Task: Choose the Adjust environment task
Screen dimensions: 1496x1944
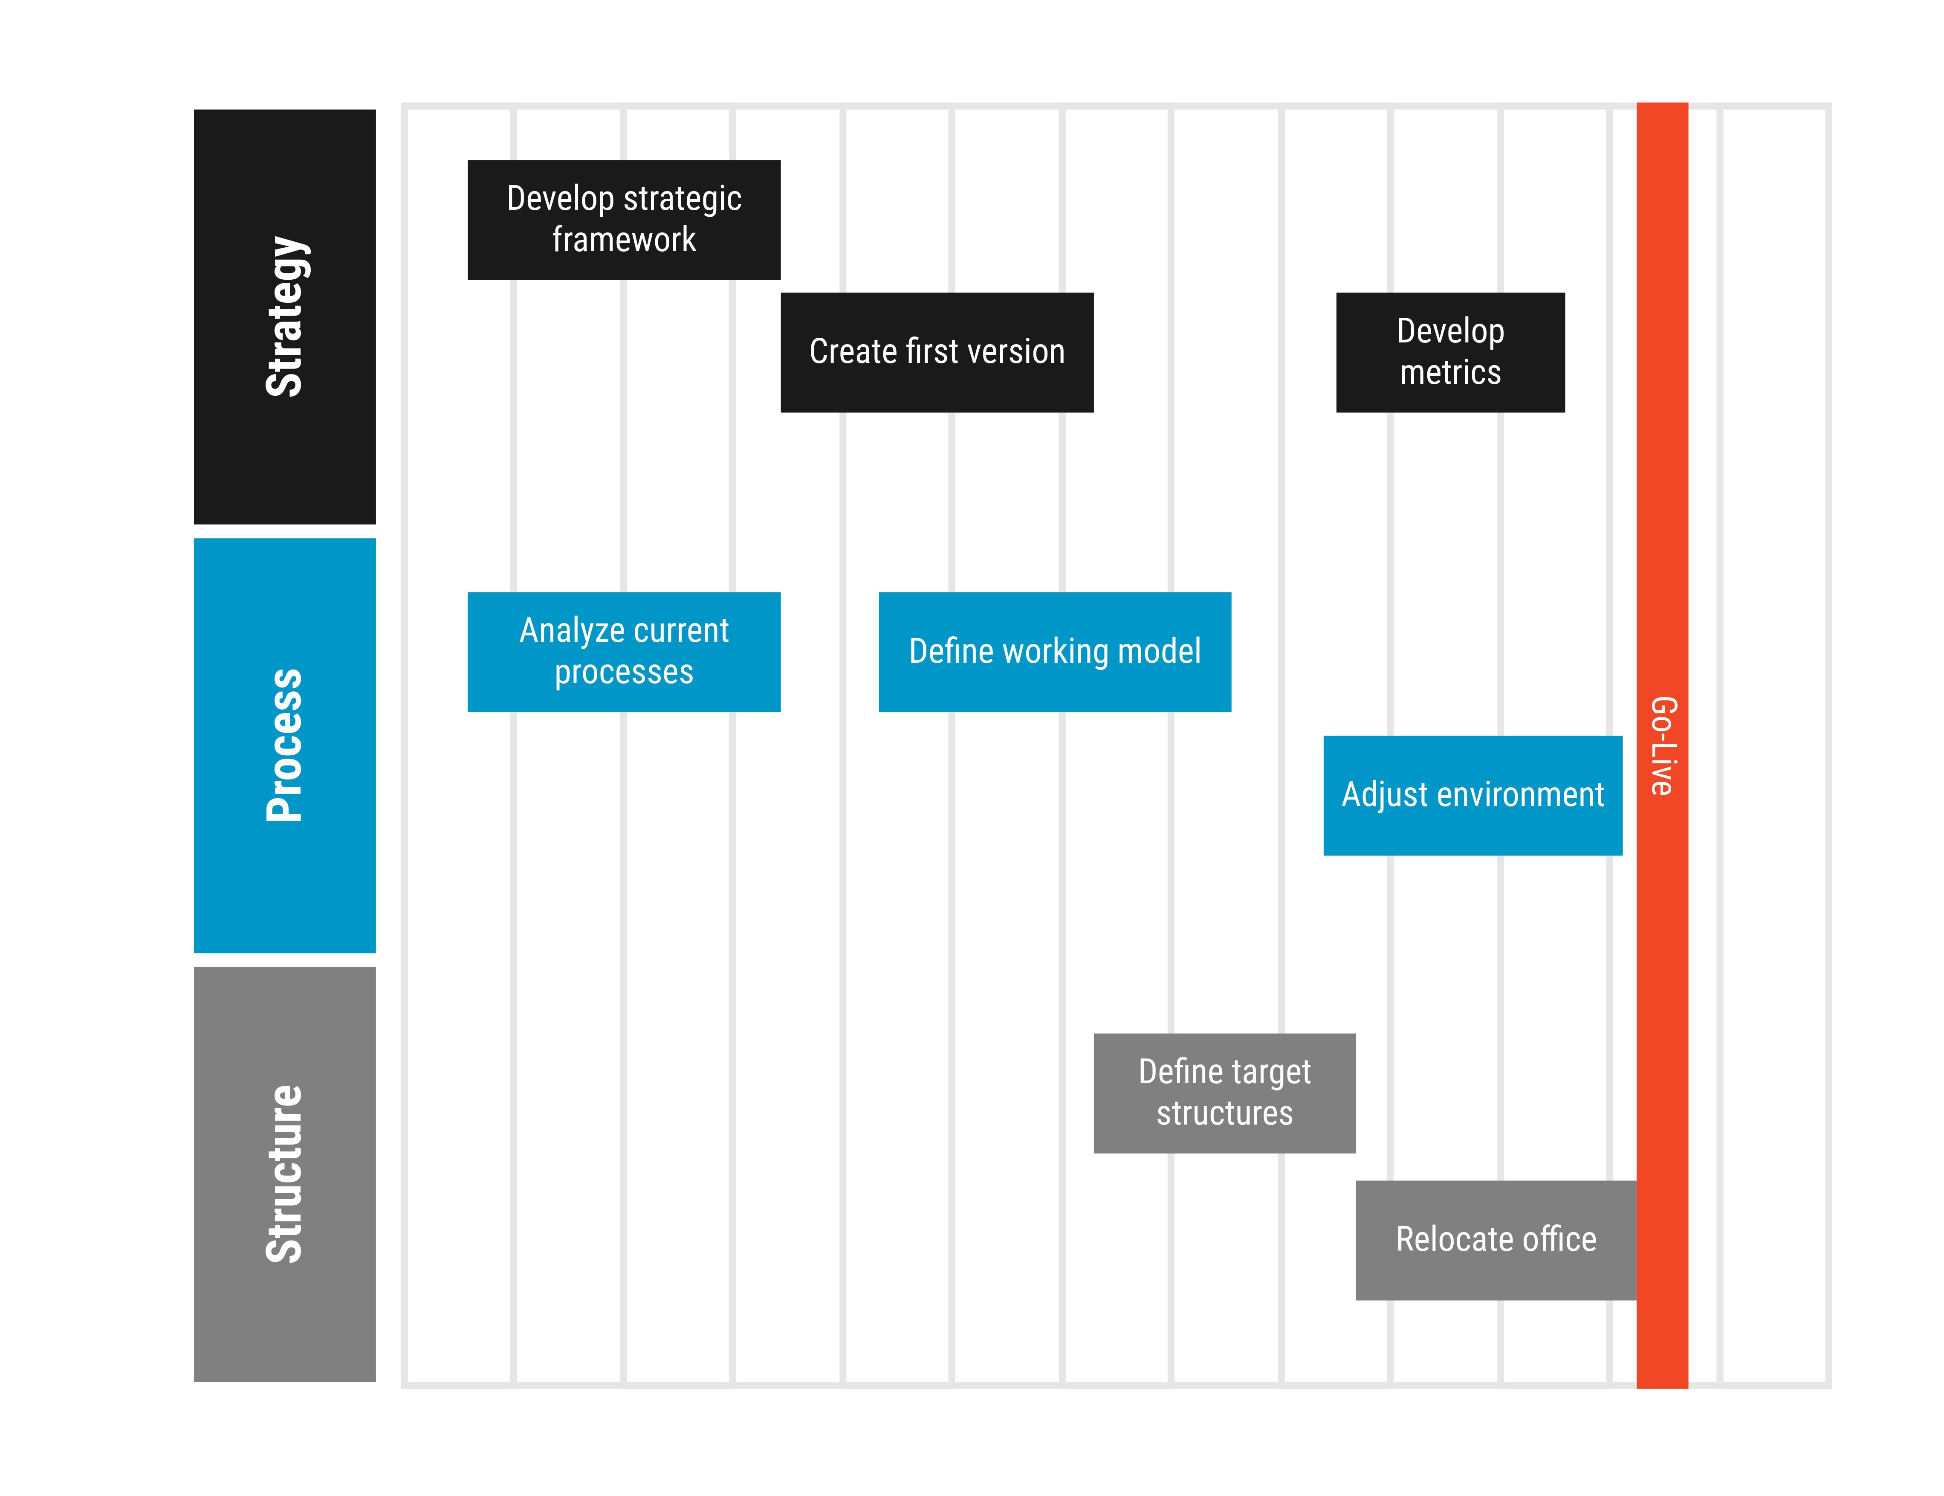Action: point(1472,795)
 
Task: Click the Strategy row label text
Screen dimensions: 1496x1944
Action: point(285,316)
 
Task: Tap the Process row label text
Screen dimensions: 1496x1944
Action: point(285,745)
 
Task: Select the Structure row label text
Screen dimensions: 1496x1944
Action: point(285,1174)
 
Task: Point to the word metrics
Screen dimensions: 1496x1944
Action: point(1450,373)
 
